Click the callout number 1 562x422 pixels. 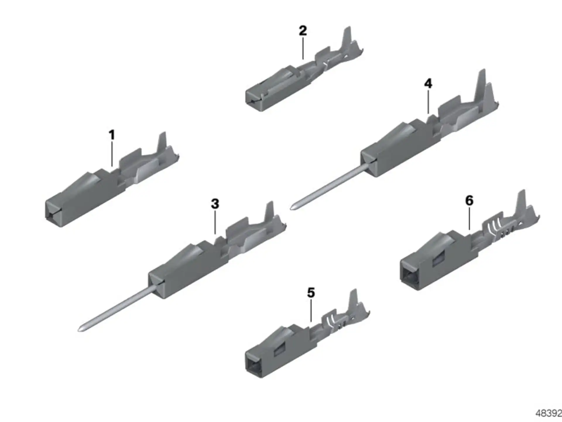click(x=112, y=135)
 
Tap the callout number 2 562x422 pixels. click(x=303, y=31)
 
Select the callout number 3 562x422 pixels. click(x=215, y=204)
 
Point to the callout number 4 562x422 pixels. click(x=428, y=84)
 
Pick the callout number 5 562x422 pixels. click(x=311, y=293)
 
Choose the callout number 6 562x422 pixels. click(x=469, y=201)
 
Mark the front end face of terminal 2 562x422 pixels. click(x=252, y=100)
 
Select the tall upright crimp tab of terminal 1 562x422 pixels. click(x=162, y=142)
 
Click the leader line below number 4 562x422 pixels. click(x=428, y=102)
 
